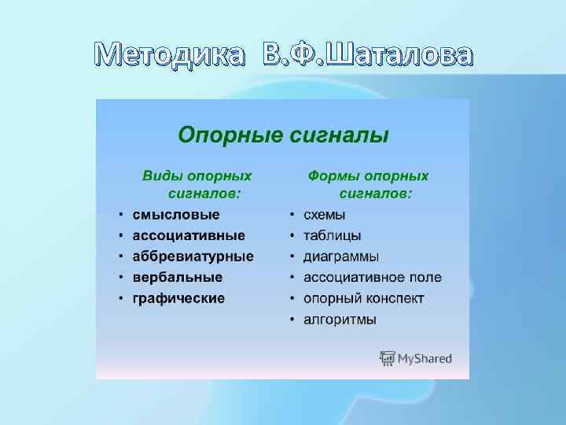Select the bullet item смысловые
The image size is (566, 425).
[176, 214]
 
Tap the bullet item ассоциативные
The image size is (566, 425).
[189, 235]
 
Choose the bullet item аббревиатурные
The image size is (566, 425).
[193, 257]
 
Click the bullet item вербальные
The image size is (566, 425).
[178, 278]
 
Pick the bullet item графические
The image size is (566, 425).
[178, 299]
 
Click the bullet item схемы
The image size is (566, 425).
[325, 214]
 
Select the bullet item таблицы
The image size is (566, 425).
[333, 235]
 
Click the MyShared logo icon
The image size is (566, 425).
[388, 359]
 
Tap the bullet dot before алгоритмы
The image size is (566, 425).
[292, 320]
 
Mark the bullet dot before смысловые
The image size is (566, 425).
[120, 214]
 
